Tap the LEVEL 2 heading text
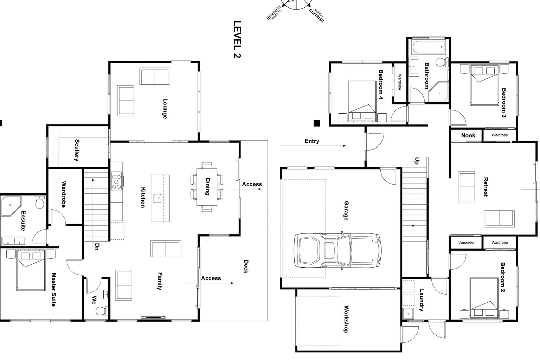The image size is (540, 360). click(237, 39)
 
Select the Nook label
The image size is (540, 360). click(468, 135)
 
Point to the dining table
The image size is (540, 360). click(207, 187)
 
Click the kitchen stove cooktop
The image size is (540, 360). click(116, 181)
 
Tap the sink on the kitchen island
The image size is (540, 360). click(159, 198)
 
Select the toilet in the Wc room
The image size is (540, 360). click(102, 311)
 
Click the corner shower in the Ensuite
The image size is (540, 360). click(11, 206)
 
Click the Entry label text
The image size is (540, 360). click(312, 141)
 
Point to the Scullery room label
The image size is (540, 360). click(77, 150)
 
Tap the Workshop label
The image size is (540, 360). click(346, 319)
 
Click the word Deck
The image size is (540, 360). click(246, 266)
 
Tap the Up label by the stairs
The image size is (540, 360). click(417, 161)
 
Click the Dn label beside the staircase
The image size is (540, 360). click(97, 246)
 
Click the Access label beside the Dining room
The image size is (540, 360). click(252, 184)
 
